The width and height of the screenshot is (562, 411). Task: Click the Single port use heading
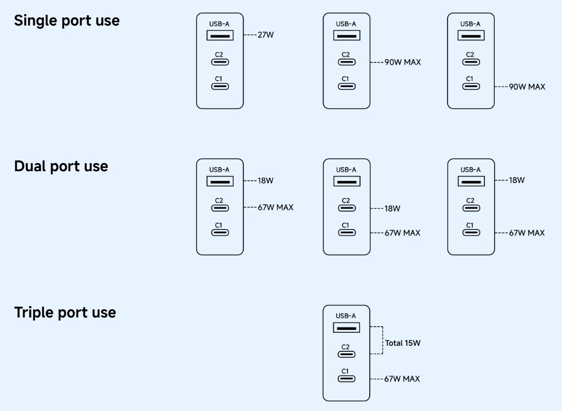67,21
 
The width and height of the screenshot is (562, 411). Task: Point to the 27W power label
266,35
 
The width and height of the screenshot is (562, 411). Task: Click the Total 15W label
402,343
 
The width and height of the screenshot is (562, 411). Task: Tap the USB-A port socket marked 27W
220,35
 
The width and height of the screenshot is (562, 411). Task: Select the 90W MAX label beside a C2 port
402,62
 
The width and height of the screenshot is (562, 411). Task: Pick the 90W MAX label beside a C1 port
527,86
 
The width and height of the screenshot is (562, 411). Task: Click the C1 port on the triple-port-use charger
346,379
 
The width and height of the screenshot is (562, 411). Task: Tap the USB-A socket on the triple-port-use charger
346,327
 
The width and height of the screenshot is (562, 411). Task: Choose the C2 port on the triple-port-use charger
346,354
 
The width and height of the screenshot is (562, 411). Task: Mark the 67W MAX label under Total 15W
402,379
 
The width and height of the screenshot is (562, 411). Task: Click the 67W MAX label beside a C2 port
275,207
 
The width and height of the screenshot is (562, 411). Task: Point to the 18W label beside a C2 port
392,208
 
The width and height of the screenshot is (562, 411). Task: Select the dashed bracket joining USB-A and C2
383,340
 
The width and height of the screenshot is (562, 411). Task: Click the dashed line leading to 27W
250,35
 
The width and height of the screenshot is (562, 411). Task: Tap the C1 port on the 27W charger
220,86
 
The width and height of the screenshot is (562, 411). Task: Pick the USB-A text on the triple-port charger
346,316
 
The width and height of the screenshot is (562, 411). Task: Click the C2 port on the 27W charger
220,62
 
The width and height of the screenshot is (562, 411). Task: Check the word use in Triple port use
104,313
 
